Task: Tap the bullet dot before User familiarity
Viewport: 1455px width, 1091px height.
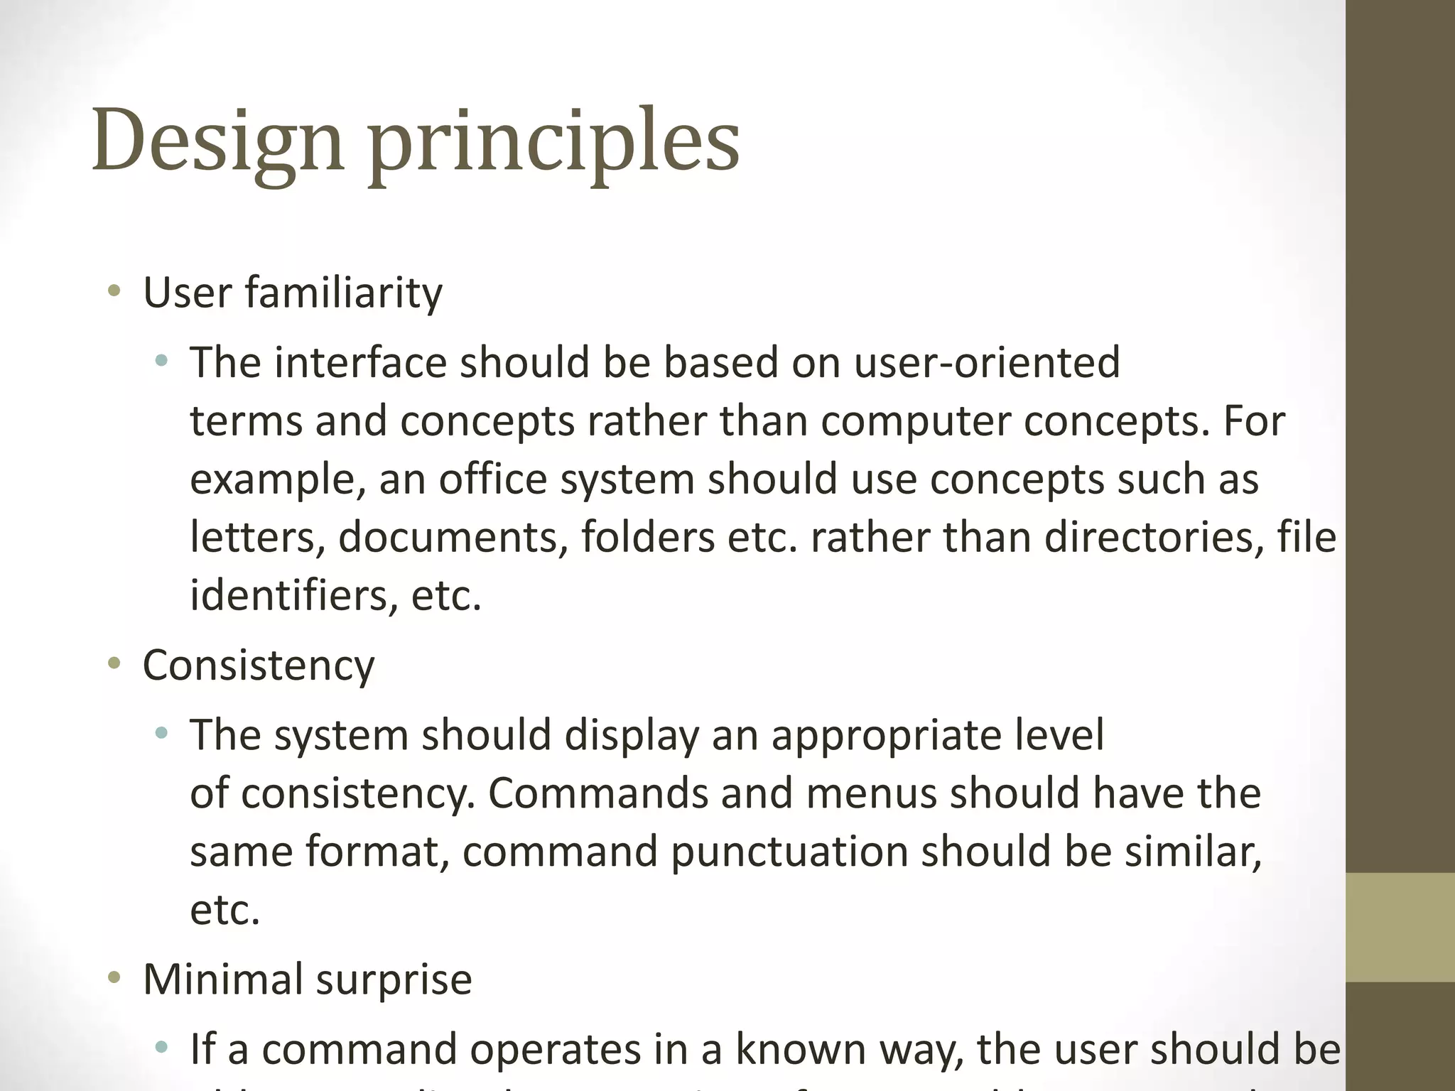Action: (114, 291)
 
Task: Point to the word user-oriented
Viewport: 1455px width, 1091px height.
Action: (987, 362)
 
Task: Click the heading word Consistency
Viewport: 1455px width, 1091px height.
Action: (259, 666)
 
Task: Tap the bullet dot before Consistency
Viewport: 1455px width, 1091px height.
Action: (114, 664)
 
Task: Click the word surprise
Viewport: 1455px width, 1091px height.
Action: (394, 980)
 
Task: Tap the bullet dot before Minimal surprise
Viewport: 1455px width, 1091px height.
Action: (114, 979)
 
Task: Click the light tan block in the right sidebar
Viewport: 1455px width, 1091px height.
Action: (1400, 927)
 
